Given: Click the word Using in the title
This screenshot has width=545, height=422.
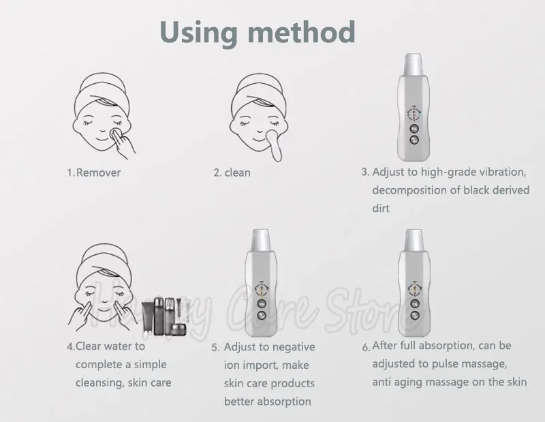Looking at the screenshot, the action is pyautogui.click(x=199, y=32).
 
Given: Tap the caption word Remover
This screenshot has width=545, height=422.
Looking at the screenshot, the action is pyautogui.click(x=98, y=172).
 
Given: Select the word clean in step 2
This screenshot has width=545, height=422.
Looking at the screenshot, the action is pyautogui.click(x=237, y=172).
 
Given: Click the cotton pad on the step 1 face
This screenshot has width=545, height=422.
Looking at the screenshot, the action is pyautogui.click(x=115, y=134).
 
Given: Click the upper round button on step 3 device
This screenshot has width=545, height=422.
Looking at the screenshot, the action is pyautogui.click(x=414, y=129).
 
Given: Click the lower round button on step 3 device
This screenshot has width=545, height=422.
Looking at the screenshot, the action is pyautogui.click(x=414, y=140).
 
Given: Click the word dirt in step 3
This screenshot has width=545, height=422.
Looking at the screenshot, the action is pyautogui.click(x=381, y=209).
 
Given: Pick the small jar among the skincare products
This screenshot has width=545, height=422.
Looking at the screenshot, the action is pyautogui.click(x=178, y=329).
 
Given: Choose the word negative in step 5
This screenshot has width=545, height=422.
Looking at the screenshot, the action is pyautogui.click(x=294, y=347).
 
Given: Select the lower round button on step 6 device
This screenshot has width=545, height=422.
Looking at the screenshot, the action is pyautogui.click(x=414, y=315).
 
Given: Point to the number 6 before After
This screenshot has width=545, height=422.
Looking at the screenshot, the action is pyautogui.click(x=365, y=347).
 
